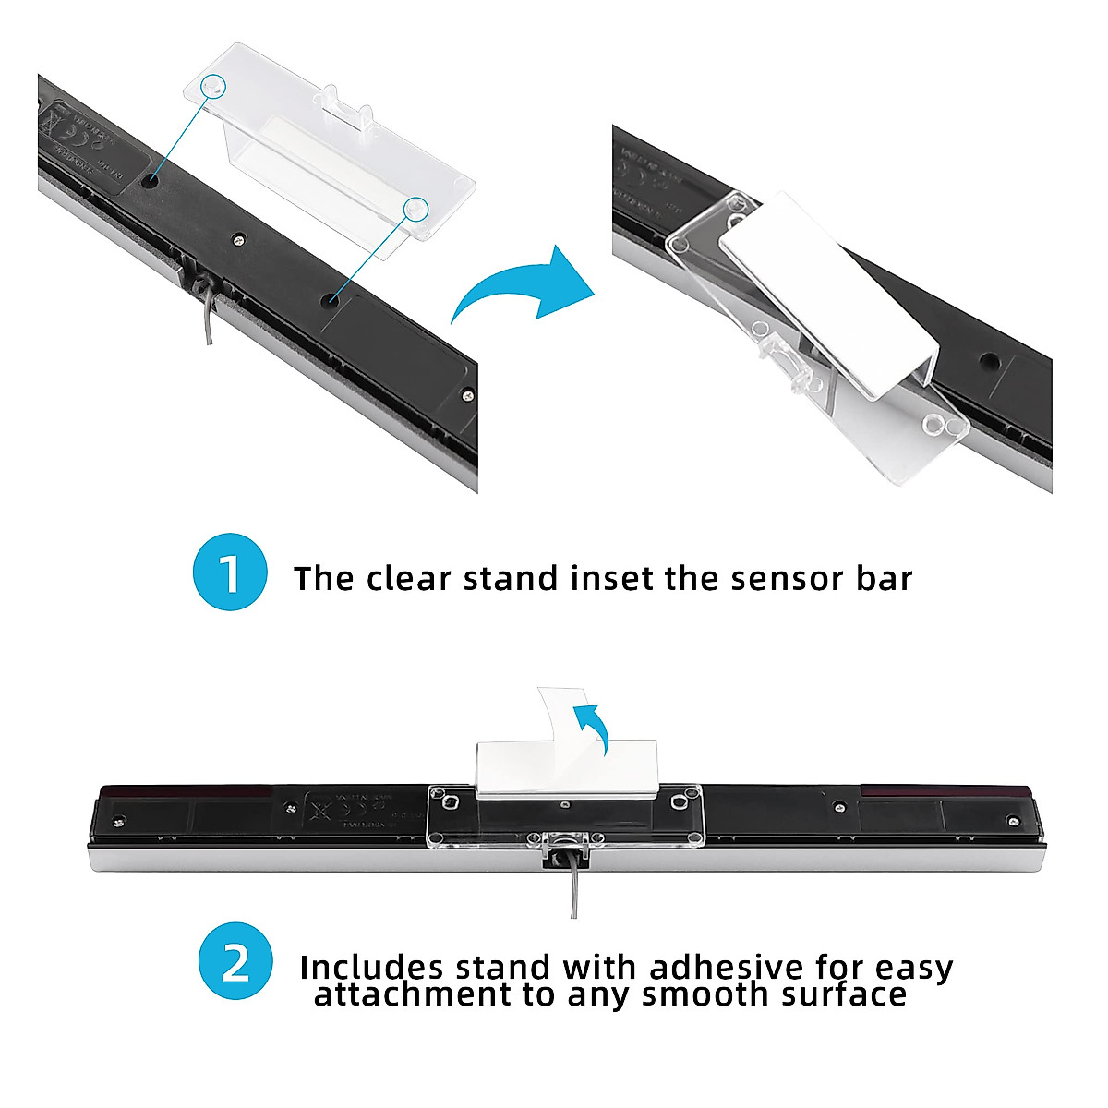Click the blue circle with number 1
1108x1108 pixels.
coord(230,573)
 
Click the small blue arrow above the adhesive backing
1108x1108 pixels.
coord(590,726)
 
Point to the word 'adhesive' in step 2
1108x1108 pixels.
coord(727,968)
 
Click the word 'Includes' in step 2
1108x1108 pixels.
coord(371,968)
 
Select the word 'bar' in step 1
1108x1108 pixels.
coord(883,579)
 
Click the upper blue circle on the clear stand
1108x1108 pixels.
coord(213,85)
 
